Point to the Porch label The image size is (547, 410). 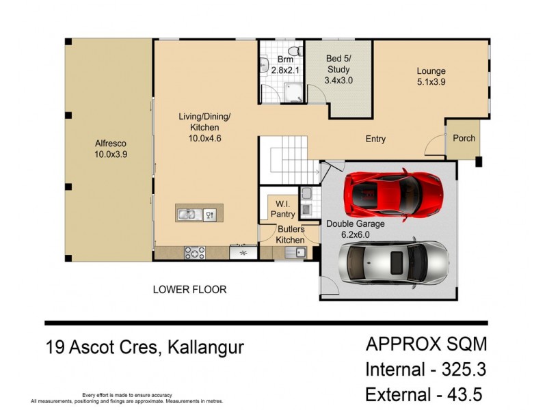point(464,138)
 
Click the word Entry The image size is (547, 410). point(375,139)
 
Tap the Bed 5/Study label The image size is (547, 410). point(338,69)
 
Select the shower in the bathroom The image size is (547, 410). point(293,92)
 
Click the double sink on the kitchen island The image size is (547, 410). point(188,215)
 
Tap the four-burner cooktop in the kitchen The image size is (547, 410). point(195,253)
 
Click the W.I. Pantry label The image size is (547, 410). point(282,209)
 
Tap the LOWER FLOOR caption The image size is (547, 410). point(189,290)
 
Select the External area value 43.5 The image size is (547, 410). point(467,395)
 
